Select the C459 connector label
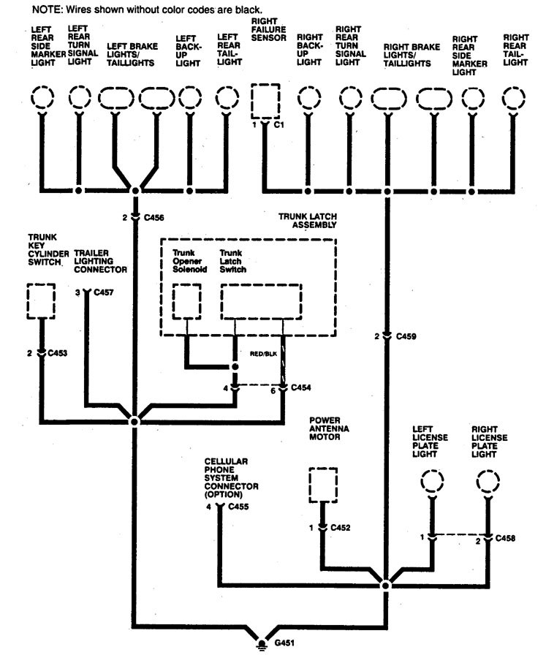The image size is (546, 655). pyautogui.click(x=407, y=336)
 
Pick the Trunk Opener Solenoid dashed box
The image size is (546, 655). pyautogui.click(x=186, y=301)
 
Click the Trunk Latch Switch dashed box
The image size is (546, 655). pyautogui.click(x=262, y=301)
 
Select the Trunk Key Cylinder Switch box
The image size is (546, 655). pyautogui.click(x=40, y=300)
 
